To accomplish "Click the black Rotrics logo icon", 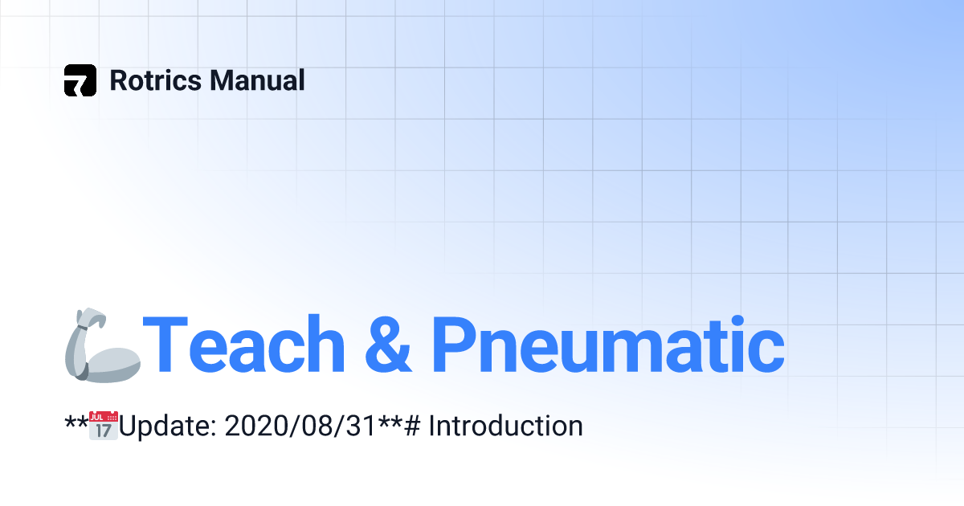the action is click(x=80, y=80).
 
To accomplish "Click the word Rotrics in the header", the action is click(x=156, y=80).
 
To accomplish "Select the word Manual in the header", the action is click(x=257, y=80).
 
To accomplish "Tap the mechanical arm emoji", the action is click(x=103, y=345).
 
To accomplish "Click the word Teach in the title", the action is click(x=243, y=345).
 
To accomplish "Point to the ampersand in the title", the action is click(x=388, y=345).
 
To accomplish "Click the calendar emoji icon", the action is click(x=104, y=426).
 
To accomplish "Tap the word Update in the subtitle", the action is click(x=167, y=426).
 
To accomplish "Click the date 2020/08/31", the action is click(x=301, y=426).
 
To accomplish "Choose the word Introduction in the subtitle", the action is click(x=505, y=426).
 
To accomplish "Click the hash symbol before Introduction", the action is click(x=412, y=426).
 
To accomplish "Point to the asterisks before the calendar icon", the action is click(x=76, y=421).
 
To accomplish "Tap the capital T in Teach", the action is click(x=165, y=345).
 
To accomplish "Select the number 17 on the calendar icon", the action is click(x=104, y=431).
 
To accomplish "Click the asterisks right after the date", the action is click(x=390, y=421).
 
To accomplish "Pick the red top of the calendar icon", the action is click(x=104, y=417).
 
